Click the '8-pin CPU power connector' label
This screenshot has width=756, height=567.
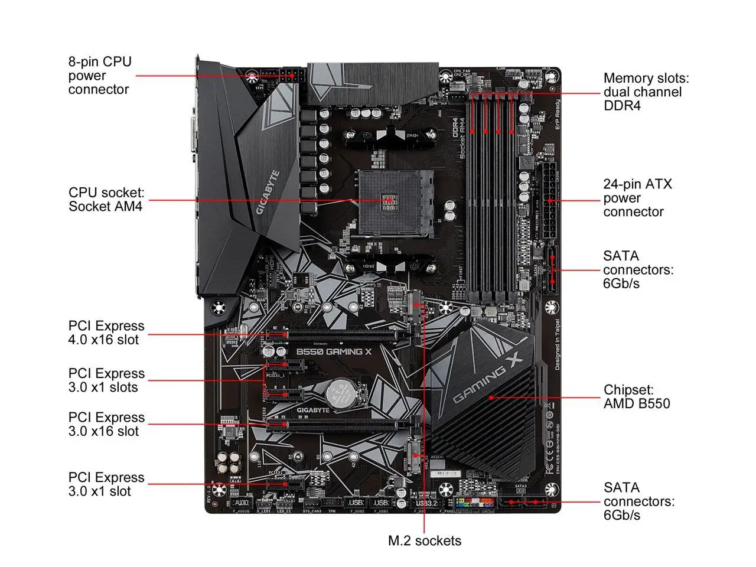click(x=100, y=76)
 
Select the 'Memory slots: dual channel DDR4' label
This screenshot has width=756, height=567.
click(x=646, y=92)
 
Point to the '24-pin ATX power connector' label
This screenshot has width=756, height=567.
click(x=637, y=198)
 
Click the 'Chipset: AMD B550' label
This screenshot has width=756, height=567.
click(x=637, y=397)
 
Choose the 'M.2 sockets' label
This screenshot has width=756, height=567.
click(x=424, y=540)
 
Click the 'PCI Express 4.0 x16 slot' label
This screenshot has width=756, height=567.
click(x=106, y=333)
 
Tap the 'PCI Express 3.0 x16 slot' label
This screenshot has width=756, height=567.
click(x=106, y=424)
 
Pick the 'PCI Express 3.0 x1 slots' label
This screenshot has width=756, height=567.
click(x=106, y=380)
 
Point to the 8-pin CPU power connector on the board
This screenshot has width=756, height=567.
click(x=290, y=76)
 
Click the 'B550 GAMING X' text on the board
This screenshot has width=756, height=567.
click(x=334, y=351)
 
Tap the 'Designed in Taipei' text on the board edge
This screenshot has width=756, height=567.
click(x=557, y=343)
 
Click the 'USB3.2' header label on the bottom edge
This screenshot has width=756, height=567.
click(x=426, y=503)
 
